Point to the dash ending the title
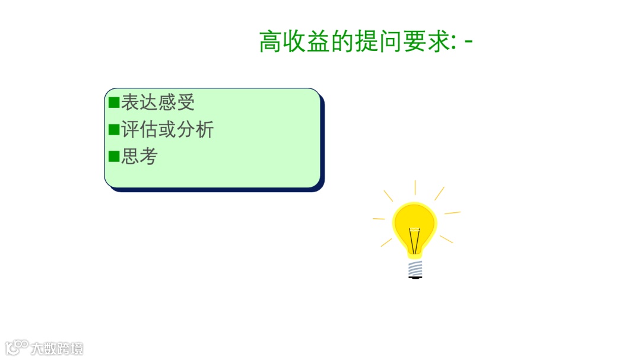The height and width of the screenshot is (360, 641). click(x=469, y=42)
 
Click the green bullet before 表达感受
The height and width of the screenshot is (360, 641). click(x=114, y=103)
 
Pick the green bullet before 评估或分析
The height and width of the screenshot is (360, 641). click(x=114, y=130)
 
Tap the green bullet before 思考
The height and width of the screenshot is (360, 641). click(x=114, y=157)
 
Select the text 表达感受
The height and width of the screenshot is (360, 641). click(x=158, y=103)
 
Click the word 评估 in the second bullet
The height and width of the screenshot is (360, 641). click(x=139, y=130)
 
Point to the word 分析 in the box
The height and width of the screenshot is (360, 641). click(x=195, y=130)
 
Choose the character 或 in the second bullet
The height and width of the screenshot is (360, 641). click(x=167, y=130)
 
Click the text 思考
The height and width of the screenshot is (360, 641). click(x=139, y=157)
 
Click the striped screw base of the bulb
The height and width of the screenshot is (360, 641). click(x=415, y=269)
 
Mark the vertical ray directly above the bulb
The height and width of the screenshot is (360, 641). click(x=415, y=187)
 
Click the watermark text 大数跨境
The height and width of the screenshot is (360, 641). click(x=57, y=348)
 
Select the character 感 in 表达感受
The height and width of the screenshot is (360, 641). click(x=167, y=103)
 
